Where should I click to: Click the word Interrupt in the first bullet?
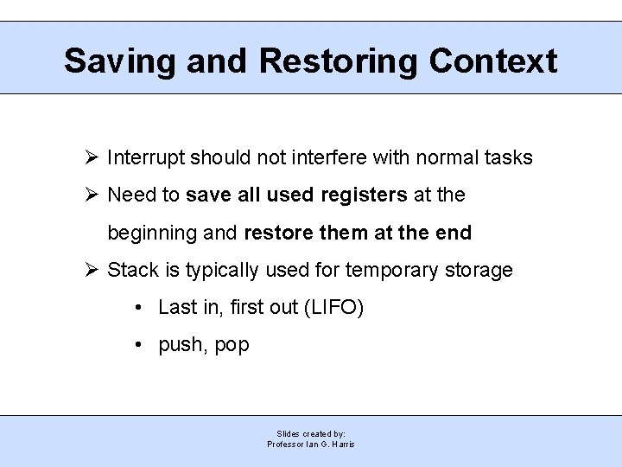coord(145,158)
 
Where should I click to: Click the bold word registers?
coord(364,195)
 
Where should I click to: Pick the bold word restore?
coord(276,233)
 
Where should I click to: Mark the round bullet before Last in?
coord(139,308)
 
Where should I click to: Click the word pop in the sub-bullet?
coord(232,346)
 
